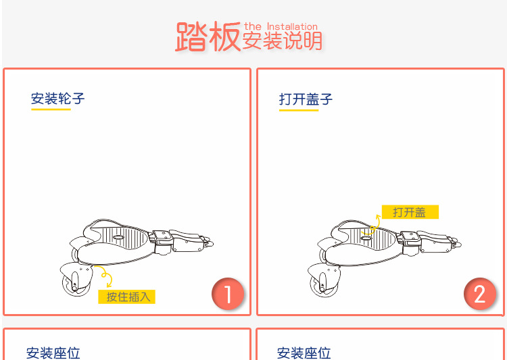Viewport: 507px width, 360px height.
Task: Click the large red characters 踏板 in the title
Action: tap(208, 36)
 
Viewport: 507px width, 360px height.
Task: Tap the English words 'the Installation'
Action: tap(281, 26)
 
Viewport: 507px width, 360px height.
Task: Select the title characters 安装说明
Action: tap(283, 41)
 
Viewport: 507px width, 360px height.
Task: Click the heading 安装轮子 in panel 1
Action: tap(58, 99)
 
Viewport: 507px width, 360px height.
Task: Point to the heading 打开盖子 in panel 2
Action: tap(306, 99)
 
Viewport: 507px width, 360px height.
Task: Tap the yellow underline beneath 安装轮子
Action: tap(51, 109)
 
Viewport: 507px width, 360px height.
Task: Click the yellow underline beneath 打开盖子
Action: tap(299, 110)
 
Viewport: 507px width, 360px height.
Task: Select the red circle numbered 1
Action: tap(228, 294)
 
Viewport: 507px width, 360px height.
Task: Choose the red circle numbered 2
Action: tap(480, 294)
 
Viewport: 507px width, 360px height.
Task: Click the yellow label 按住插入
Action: tap(127, 297)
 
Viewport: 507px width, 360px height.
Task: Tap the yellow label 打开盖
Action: tap(410, 212)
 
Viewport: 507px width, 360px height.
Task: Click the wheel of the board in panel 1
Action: tap(75, 284)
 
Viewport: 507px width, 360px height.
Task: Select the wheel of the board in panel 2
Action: tap(322, 284)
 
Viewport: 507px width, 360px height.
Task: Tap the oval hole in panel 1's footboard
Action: tap(118, 238)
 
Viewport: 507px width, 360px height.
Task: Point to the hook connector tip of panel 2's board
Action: tap(458, 242)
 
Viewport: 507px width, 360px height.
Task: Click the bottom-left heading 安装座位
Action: tap(53, 353)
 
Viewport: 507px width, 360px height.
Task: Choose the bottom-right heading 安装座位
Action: tap(304, 353)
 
